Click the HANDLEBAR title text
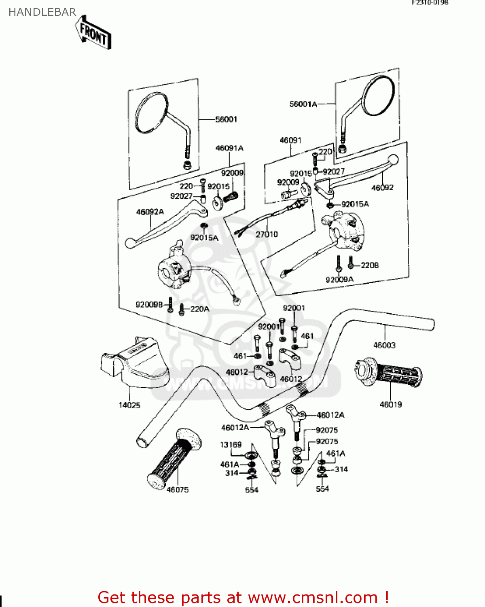coord(42,13)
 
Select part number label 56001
coord(226,119)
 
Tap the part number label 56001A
coord(303,104)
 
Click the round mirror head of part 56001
coord(151,112)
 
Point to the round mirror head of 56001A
coord(378,96)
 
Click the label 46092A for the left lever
coord(150,212)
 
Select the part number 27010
coord(267,234)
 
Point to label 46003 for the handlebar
coord(384,345)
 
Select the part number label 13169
coord(231,445)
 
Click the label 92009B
coord(149,304)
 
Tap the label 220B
coord(370,265)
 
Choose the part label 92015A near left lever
coord(204,238)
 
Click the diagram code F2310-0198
coord(430,2)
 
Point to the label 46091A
coord(229,148)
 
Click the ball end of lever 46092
coord(393,160)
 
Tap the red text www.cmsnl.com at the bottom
coord(313,597)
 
